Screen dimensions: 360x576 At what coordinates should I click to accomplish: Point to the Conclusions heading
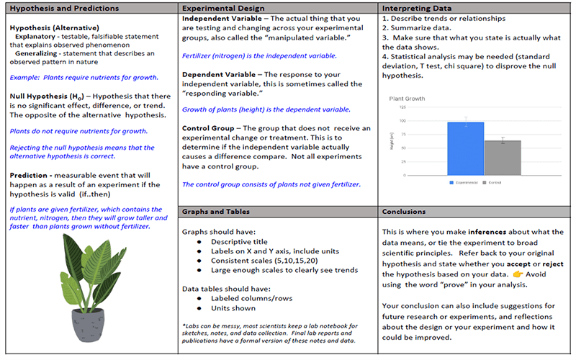point(405,212)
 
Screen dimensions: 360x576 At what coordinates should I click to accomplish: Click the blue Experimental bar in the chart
point(465,148)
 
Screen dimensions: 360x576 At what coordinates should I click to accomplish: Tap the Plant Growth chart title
point(407,98)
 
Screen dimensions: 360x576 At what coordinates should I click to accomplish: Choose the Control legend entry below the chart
point(492,184)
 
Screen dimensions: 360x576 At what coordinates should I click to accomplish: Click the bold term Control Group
point(209,129)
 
